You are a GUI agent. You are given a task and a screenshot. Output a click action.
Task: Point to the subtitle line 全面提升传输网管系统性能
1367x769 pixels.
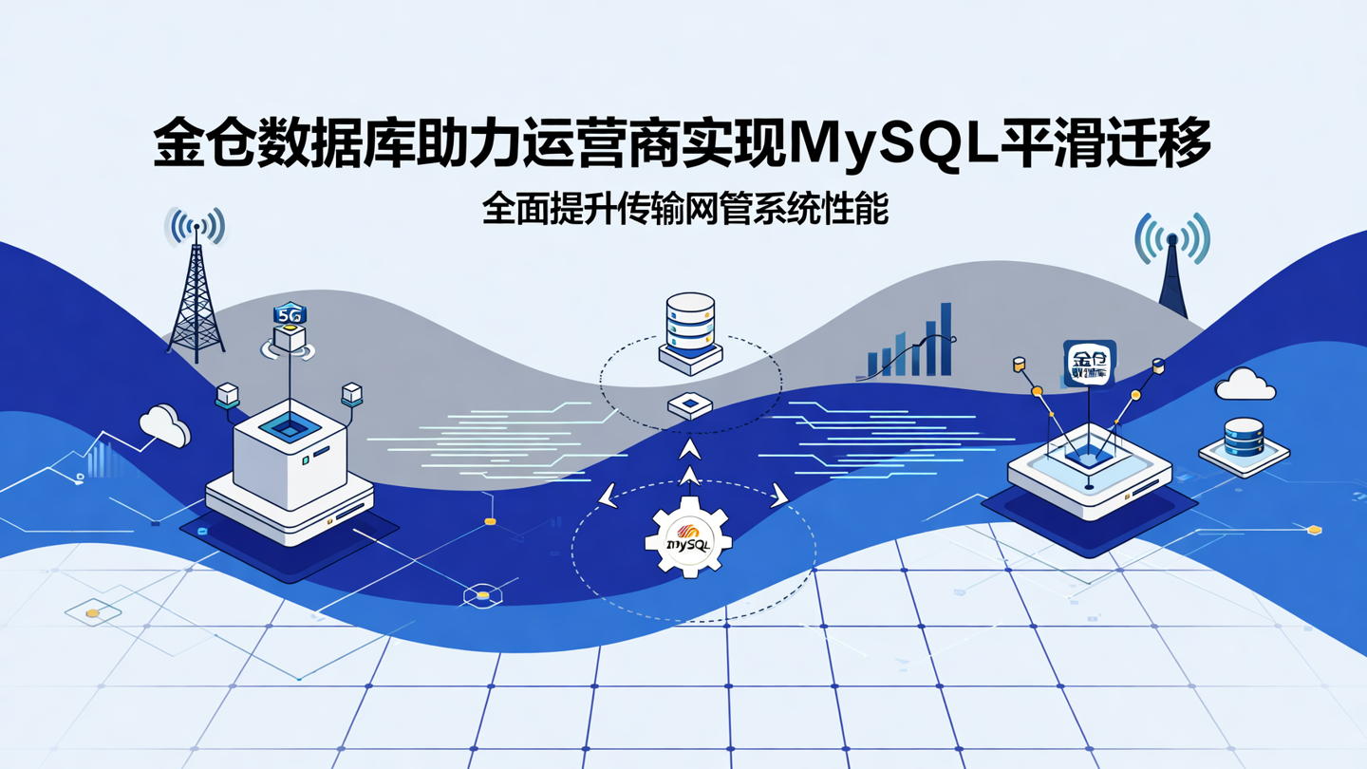point(684,209)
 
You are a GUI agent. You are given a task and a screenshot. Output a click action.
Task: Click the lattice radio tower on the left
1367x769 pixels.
point(196,294)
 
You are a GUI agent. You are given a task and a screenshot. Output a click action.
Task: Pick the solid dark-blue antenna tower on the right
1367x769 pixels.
point(1173,280)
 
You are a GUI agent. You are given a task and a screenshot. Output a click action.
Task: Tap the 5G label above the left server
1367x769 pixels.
point(290,314)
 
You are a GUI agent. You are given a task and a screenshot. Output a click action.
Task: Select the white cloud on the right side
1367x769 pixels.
point(1245,384)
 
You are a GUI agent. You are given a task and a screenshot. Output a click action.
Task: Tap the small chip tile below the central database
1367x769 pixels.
point(689,406)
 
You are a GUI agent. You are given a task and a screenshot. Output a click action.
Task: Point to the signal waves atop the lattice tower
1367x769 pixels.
point(196,226)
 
